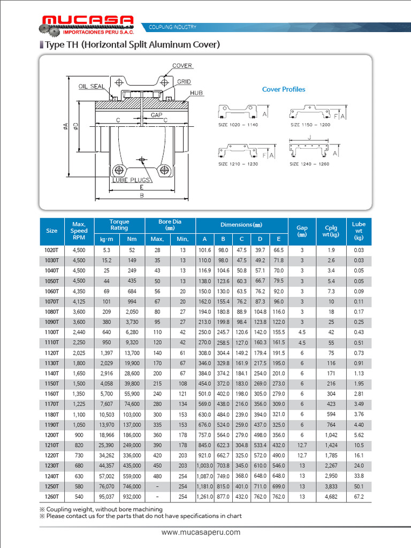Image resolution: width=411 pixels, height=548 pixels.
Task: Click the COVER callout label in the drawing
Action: click(182, 66)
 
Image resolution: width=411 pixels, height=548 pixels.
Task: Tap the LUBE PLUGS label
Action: click(131, 180)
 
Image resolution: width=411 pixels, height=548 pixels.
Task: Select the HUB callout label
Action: click(196, 93)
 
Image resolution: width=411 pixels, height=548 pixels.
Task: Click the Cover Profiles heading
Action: click(284, 89)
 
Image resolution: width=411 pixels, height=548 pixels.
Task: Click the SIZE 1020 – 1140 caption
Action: click(238, 125)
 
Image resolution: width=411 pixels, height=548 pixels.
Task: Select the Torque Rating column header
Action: click(119, 225)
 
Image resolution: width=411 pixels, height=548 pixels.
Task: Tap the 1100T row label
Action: click(51, 332)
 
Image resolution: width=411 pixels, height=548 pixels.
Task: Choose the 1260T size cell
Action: click(51, 497)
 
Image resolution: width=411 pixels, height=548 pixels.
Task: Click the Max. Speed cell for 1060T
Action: click(79, 291)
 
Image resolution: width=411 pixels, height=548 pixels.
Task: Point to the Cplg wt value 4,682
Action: click(331, 497)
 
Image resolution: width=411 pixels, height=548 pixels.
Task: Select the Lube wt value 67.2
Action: click(359, 497)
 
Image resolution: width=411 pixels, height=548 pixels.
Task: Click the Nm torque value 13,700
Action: click(132, 353)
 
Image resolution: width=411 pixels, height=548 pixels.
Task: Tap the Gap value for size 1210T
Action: click(302, 445)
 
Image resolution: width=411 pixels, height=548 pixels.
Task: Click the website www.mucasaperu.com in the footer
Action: click(201, 532)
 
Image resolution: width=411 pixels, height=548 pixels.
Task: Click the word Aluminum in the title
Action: click(158, 45)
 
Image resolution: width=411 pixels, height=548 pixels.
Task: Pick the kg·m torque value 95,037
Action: click(106, 497)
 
